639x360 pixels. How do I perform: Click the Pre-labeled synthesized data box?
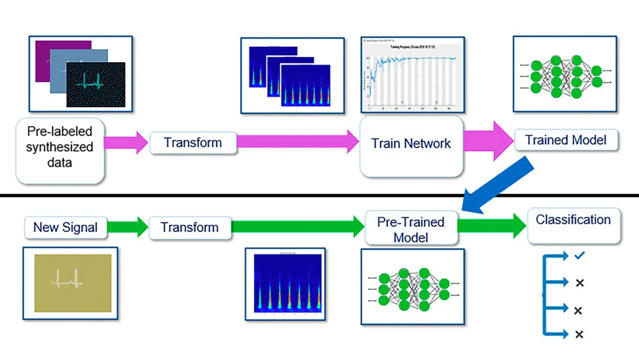coord(59,152)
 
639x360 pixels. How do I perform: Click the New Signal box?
coord(65,227)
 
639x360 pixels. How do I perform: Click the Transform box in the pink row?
coord(193,143)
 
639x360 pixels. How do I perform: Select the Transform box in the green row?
coord(189,227)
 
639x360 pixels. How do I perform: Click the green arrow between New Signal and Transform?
coord(127,227)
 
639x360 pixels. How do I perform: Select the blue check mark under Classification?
coord(579,255)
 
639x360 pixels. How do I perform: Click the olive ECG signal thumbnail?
coord(73,278)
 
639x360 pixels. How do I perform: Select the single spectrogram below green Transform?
coord(288,283)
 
